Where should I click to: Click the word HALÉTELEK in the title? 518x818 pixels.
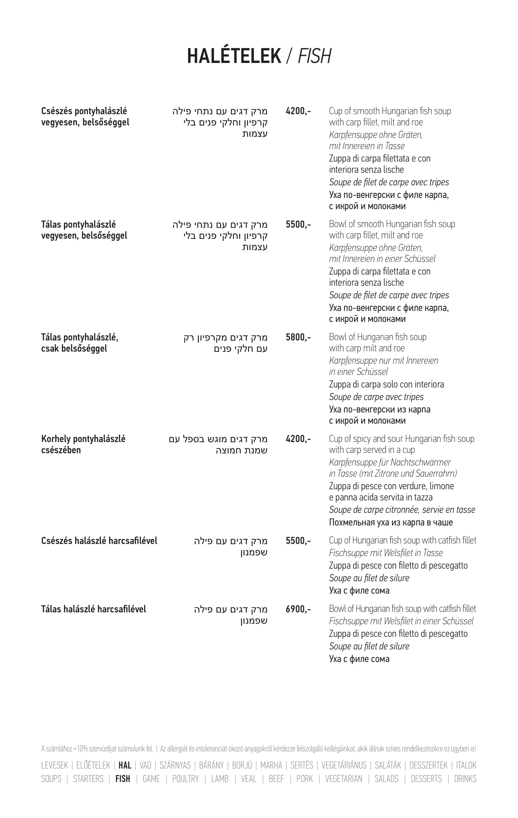234,56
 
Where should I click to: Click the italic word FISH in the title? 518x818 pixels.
314,56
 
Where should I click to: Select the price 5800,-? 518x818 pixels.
298,337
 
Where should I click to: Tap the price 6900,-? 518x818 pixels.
298,609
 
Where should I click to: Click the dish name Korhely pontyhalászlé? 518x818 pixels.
83,439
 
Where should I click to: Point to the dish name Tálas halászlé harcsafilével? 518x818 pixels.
93,609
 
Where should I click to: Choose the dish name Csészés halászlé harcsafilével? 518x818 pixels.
99,541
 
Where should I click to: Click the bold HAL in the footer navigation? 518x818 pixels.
125,766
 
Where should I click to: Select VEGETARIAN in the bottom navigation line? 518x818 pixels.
343,779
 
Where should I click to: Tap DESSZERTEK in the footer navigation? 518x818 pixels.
428,766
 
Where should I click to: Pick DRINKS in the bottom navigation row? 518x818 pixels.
465,779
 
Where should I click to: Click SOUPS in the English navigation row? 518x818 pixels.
51,779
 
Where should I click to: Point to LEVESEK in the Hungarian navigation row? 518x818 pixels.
55,766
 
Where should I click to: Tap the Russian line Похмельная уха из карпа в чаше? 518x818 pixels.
391,522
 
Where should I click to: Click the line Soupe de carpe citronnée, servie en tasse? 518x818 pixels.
402,510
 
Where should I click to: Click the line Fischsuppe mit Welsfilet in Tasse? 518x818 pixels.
386,553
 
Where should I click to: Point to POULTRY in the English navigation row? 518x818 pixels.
185,779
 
